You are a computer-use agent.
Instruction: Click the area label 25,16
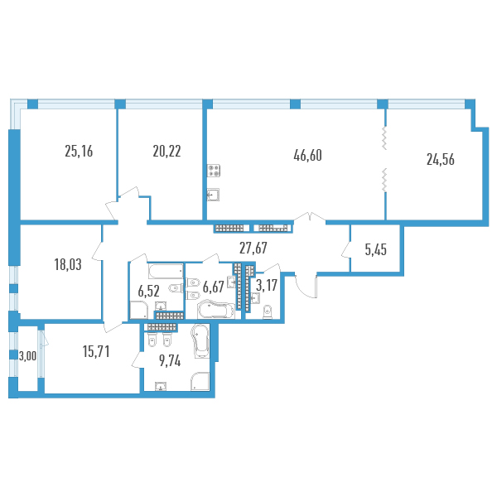79,152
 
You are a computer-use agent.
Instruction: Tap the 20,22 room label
166,152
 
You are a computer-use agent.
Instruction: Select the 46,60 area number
307,156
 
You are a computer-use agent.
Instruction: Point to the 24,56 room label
441,159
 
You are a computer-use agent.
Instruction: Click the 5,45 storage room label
375,250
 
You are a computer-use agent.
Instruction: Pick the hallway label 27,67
253,248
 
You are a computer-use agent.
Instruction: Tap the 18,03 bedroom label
68,264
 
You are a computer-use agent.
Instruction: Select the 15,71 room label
96,351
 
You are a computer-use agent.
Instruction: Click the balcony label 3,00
27,356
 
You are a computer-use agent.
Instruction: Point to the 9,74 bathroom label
170,360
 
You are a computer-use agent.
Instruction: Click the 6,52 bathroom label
148,291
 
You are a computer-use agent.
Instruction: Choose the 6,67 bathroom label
214,287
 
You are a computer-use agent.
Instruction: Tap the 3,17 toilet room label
267,285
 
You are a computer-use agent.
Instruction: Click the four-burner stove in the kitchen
214,171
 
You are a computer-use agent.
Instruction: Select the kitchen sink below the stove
213,195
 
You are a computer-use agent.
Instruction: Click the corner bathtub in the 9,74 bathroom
200,341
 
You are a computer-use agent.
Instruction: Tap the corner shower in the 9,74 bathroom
200,381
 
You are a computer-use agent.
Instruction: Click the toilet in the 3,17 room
268,312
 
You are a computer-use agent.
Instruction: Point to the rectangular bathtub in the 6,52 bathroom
166,271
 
